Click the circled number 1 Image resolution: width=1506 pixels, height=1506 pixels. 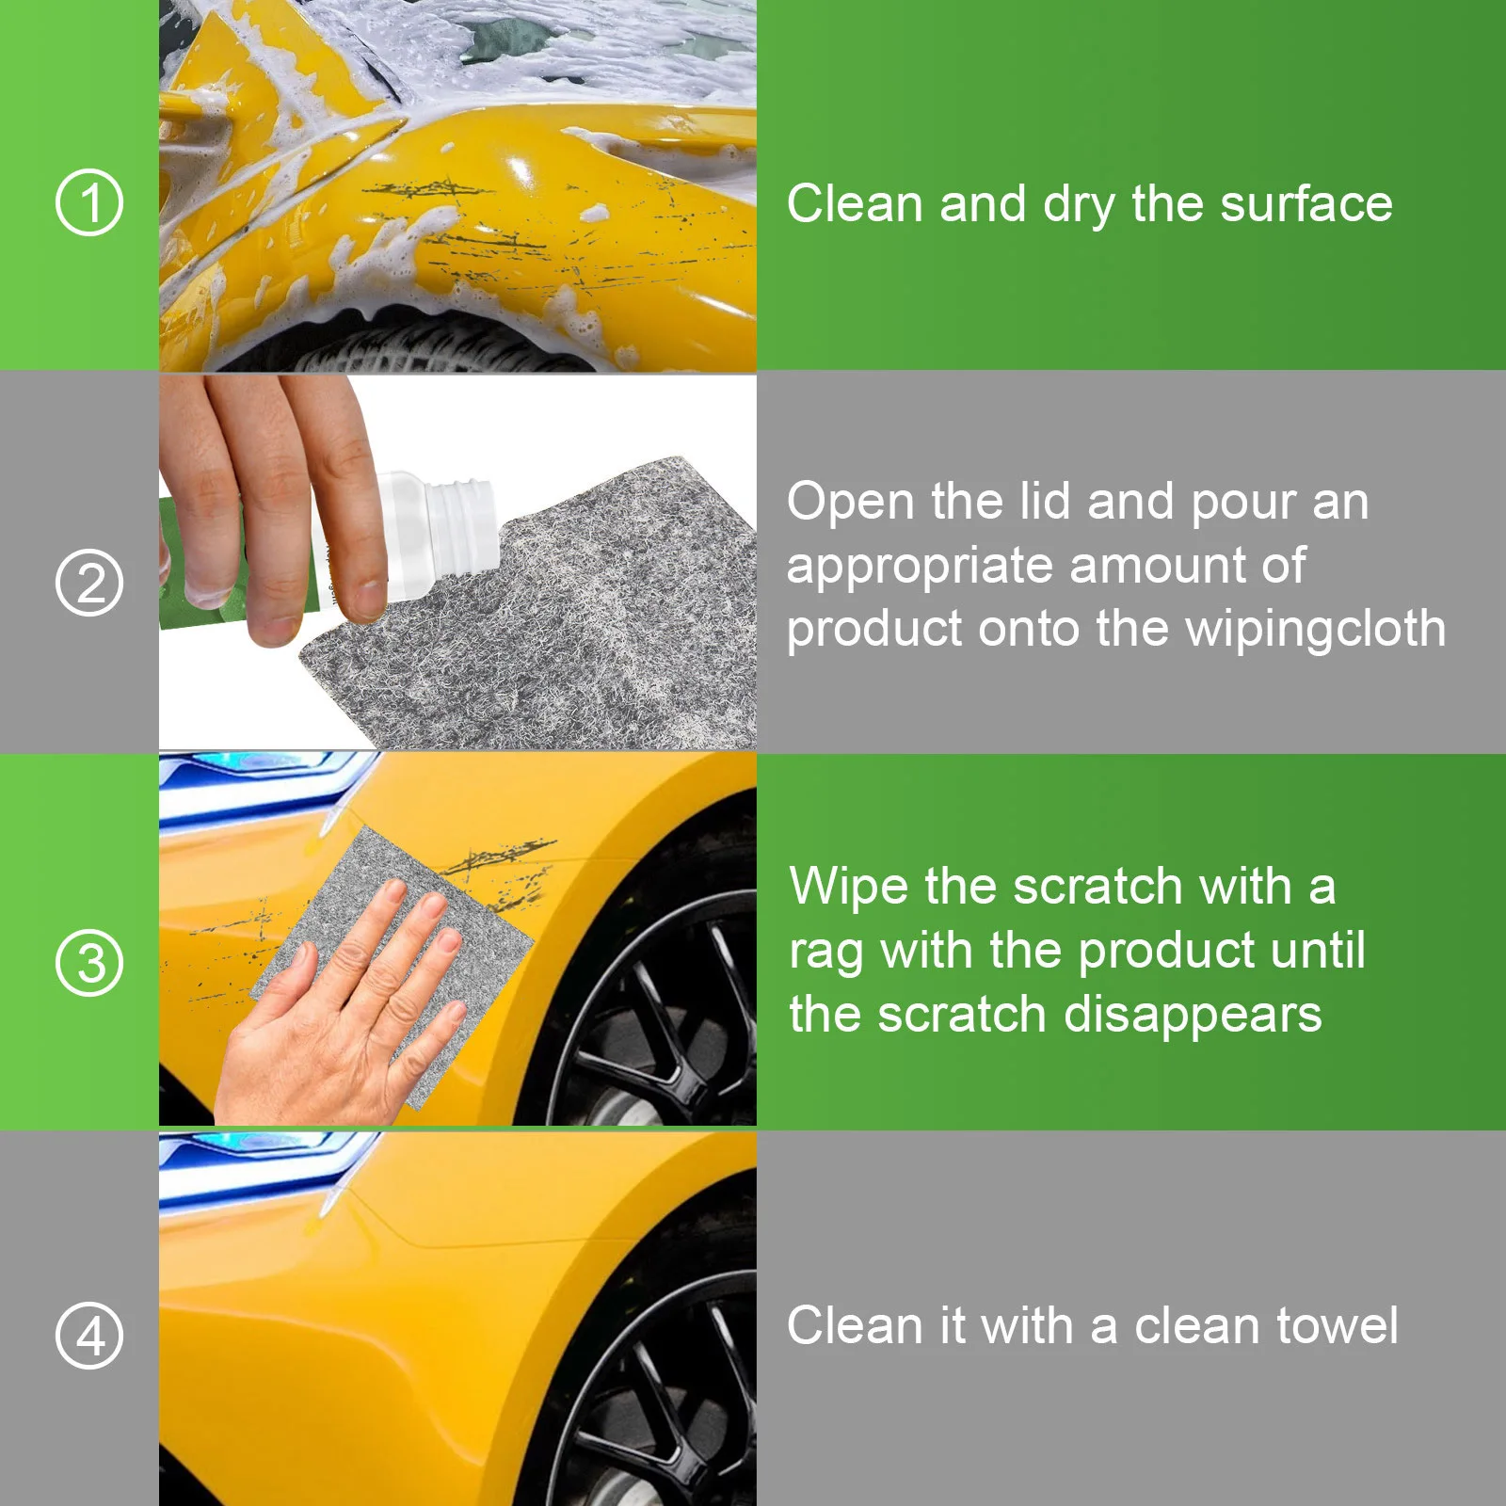click(89, 202)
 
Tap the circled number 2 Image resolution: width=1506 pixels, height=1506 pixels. click(89, 583)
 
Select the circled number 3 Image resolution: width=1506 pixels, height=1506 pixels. click(89, 962)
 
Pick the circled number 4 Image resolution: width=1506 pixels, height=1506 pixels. click(89, 1335)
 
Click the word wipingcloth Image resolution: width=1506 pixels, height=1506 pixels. click(1315, 629)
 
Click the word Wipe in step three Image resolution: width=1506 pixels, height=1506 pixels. click(849, 887)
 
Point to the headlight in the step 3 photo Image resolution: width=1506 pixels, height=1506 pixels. click(254, 781)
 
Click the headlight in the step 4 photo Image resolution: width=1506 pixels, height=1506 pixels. click(254, 1162)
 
